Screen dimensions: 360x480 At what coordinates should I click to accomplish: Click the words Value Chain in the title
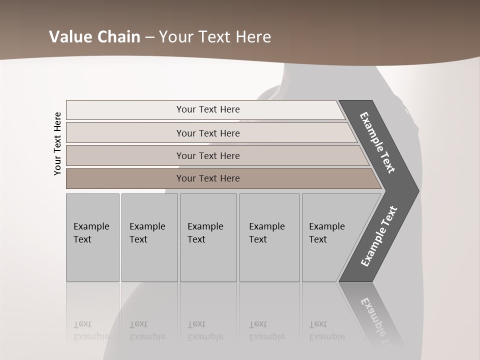(94, 37)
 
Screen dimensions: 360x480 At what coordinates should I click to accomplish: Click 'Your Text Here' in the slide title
(215, 37)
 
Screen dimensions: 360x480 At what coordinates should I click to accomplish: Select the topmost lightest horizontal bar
(125, 110)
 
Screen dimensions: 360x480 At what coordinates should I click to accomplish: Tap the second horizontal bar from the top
(125, 133)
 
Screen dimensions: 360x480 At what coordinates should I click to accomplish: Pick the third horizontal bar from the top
(125, 155)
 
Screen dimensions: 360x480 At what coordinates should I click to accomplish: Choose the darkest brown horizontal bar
(125, 178)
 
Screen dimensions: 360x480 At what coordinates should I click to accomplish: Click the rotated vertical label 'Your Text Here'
(57, 143)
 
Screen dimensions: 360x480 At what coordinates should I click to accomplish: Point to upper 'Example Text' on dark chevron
(377, 142)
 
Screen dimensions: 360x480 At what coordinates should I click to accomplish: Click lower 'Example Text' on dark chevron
(379, 236)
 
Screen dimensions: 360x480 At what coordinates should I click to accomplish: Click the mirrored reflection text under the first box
(91, 330)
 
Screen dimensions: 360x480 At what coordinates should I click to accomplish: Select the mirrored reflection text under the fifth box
(327, 330)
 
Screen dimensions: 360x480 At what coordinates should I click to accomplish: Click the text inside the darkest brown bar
(208, 178)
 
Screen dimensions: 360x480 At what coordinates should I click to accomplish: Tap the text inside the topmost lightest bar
(208, 109)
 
